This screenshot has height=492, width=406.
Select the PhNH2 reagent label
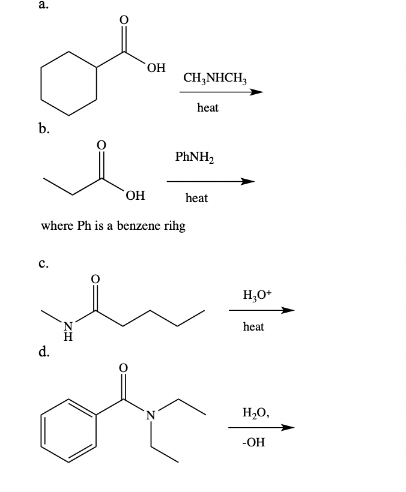(195, 158)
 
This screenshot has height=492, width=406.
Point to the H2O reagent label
(255, 412)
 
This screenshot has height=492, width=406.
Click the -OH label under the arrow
(252, 442)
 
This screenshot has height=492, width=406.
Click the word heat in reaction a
(208, 107)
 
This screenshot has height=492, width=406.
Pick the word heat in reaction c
(253, 326)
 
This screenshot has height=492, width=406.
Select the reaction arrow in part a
(221, 92)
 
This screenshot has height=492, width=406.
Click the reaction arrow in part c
(261, 311)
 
